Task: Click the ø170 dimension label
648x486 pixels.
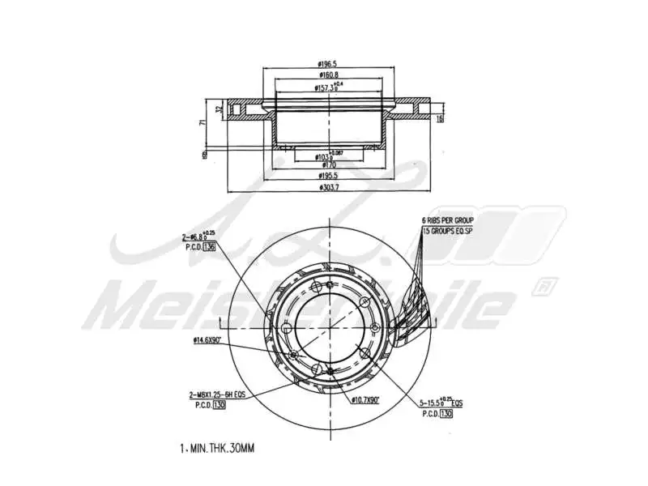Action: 328,164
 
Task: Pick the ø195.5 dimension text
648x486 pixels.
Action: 328,177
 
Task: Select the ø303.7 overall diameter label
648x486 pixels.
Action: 328,189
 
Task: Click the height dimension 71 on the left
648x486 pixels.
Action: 203,122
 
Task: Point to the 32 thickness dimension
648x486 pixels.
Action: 219,107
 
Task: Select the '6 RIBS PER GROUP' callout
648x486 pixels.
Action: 447,220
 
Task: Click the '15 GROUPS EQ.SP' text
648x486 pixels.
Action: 447,231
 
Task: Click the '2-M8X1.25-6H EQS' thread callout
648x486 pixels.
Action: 218,394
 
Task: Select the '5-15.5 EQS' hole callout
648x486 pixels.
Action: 441,402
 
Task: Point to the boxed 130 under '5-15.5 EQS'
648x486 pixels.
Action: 446,413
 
